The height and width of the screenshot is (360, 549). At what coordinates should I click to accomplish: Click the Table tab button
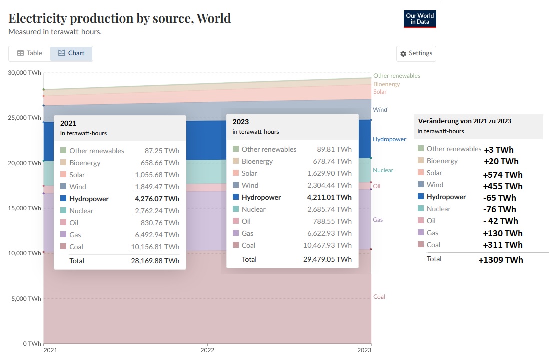pyautogui.click(x=29, y=53)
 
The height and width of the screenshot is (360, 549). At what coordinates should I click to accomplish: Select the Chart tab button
pyautogui.click(x=71, y=53)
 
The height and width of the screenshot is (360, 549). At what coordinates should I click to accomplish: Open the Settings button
pyautogui.click(x=416, y=54)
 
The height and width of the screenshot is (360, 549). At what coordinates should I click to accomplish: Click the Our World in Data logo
pyautogui.click(x=420, y=19)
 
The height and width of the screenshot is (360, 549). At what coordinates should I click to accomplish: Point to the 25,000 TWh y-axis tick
pyautogui.click(x=24, y=118)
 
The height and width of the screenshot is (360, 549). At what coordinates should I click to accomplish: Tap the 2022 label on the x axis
pyautogui.click(x=207, y=350)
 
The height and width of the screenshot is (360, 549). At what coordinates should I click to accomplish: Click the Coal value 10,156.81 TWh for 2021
pyautogui.click(x=158, y=247)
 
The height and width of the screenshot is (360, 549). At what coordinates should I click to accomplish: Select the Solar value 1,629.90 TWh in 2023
pyautogui.click(x=330, y=173)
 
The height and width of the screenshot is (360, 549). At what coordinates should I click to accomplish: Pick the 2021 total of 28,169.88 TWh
pyautogui.click(x=155, y=261)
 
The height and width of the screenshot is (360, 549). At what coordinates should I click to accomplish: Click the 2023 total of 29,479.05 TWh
pyautogui.click(x=327, y=259)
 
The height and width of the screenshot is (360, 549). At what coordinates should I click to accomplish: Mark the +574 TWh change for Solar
pyautogui.click(x=503, y=175)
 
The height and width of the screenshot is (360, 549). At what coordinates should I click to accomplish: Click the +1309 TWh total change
pyautogui.click(x=501, y=260)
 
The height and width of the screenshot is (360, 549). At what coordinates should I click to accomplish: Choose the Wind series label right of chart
pyautogui.click(x=380, y=110)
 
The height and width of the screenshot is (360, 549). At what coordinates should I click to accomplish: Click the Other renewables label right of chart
pyautogui.click(x=397, y=76)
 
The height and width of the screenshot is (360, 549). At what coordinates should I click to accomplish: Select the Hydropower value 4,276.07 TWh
pyautogui.click(x=157, y=199)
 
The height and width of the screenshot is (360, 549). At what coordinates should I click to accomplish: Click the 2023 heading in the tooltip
pyautogui.click(x=241, y=122)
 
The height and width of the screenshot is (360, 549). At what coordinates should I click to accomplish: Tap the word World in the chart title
pyautogui.click(x=214, y=18)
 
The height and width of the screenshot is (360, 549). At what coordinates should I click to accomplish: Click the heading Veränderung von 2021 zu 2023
pyautogui.click(x=464, y=121)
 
